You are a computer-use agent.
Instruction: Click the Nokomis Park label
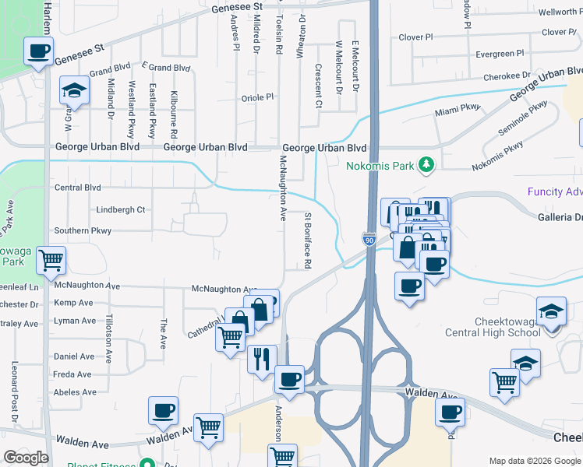click(x=381, y=164)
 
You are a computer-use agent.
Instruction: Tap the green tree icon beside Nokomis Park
click(x=426, y=164)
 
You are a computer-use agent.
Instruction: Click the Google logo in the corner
click(x=26, y=458)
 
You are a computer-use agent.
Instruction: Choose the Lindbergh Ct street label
click(x=120, y=209)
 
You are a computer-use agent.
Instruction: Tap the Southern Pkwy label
click(x=83, y=231)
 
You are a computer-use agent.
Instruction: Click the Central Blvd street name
click(x=78, y=188)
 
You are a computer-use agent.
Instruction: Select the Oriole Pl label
click(x=258, y=97)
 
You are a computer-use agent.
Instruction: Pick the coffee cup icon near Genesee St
click(x=37, y=52)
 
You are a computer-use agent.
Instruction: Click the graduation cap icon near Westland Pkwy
click(x=74, y=91)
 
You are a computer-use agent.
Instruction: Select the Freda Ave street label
click(x=75, y=374)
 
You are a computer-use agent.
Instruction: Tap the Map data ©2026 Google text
click(x=534, y=460)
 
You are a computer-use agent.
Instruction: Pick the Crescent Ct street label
click(x=319, y=92)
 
